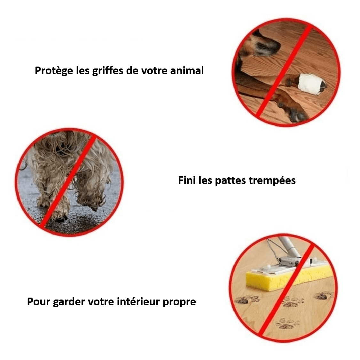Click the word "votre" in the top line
point(154,71)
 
